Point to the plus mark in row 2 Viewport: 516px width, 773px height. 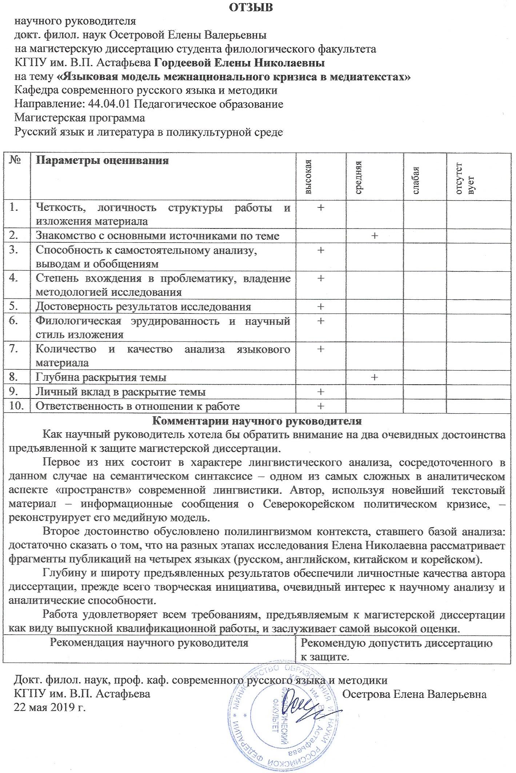click(x=374, y=236)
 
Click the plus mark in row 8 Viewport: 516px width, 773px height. click(x=374, y=377)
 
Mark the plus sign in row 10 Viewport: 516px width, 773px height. click(x=321, y=406)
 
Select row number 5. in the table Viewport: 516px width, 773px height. click(x=14, y=306)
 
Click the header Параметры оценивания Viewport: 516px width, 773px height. click(x=102, y=161)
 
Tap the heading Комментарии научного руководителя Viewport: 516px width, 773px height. click(x=256, y=421)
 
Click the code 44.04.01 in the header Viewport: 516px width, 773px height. click(x=109, y=104)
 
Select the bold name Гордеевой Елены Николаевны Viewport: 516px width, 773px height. click(x=240, y=63)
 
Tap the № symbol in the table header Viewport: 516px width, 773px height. click(x=14, y=160)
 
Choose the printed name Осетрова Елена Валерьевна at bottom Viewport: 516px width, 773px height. click(x=415, y=694)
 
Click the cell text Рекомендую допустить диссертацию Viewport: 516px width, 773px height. click(x=397, y=643)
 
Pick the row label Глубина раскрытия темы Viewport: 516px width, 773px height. click(x=101, y=377)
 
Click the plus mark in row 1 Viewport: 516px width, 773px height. click(x=321, y=207)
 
